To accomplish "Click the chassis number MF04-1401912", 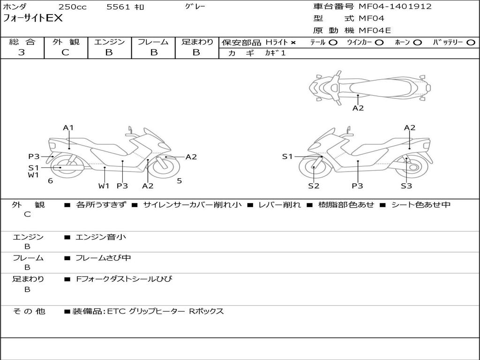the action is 395,7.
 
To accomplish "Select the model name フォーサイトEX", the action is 33,18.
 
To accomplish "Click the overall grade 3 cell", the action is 22,52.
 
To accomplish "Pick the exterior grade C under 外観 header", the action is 65,52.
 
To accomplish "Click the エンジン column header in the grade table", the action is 109,42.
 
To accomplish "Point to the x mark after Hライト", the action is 293,43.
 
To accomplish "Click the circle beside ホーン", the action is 417,42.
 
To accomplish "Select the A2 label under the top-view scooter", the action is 358,108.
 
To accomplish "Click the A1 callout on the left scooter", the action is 68,127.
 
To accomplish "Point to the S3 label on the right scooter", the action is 406,186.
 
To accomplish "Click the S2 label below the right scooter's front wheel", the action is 314,186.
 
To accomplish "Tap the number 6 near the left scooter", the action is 50,180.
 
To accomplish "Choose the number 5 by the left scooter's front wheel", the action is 180,180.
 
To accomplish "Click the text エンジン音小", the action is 101,237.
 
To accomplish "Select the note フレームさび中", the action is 103,258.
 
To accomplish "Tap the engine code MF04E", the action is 375,30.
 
